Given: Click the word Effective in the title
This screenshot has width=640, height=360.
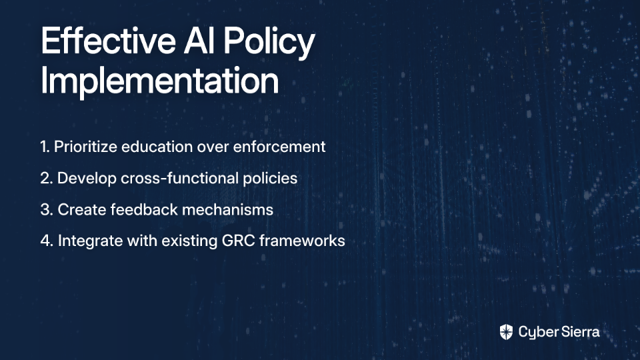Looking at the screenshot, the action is [108, 41].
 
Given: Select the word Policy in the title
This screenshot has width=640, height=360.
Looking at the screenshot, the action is [269, 43].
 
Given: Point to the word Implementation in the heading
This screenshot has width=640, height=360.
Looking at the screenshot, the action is [159, 81].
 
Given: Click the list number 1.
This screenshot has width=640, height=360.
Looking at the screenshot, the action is [45, 147].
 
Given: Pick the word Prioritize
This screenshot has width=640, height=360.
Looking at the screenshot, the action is [86, 147].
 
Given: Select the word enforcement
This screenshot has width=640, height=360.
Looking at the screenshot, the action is [279, 147].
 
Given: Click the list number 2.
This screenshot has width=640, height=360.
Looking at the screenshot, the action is [47, 179].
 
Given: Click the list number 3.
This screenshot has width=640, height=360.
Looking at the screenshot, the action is [47, 210].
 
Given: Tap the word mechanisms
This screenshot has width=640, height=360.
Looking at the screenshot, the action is [228, 209].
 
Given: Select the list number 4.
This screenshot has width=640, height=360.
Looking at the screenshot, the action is [47, 241].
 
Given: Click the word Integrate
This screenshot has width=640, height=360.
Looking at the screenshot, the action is [90, 241].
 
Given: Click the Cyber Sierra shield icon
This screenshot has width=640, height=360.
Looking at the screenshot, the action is [506, 332].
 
